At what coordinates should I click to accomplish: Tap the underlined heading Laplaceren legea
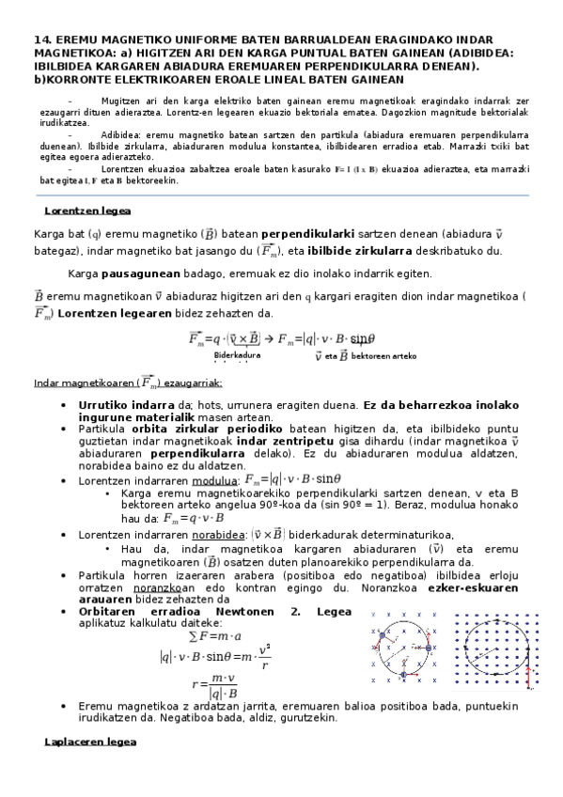[91, 742]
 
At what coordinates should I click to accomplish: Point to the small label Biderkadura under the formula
[239, 355]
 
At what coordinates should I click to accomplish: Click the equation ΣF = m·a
[215, 637]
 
